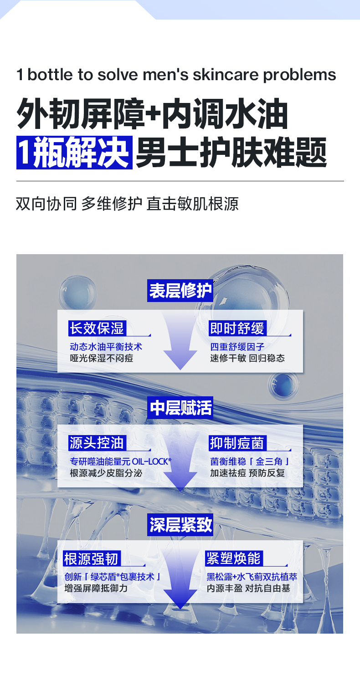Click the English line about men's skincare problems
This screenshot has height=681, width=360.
click(176, 75)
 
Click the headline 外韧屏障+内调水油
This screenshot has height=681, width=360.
click(152, 115)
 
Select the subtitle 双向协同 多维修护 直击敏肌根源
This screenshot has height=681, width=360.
click(127, 204)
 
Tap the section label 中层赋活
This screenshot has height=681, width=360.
click(180, 408)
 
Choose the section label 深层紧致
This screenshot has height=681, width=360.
click(180, 524)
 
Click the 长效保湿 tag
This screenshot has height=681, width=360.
click(96, 328)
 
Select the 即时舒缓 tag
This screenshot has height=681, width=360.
click(237, 328)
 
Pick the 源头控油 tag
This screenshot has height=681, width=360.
click(96, 443)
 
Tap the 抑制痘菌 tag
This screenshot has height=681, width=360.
click(237, 443)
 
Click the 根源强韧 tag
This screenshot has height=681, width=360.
click(92, 558)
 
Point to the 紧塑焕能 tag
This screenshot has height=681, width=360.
click(233, 558)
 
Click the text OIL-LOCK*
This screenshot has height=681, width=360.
click(151, 461)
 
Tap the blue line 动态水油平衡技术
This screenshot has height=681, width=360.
click(106, 347)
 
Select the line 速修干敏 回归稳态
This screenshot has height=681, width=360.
click(247, 358)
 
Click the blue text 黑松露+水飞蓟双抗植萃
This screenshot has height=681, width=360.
click(252, 577)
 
